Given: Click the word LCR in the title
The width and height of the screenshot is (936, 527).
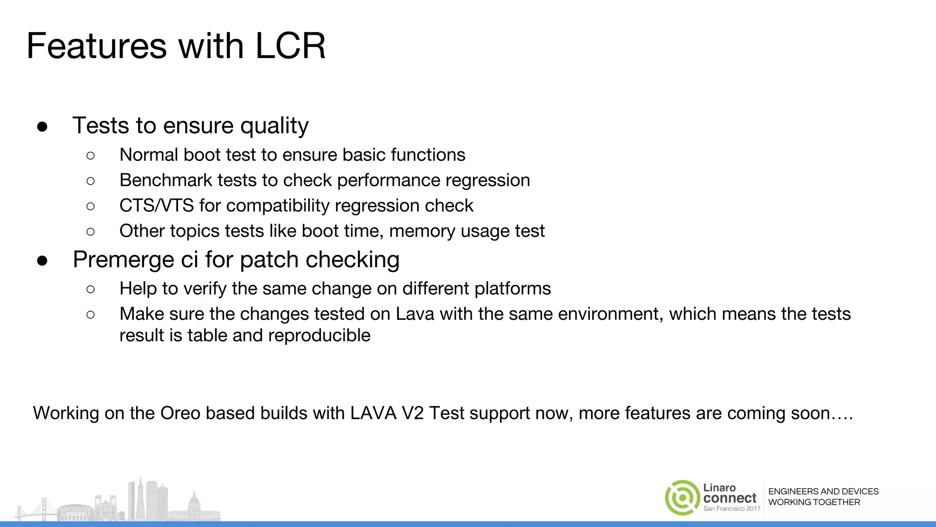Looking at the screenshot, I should click(x=290, y=46).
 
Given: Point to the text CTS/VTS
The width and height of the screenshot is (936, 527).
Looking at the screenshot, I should click(x=156, y=206).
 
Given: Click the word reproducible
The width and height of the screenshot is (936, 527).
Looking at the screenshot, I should click(x=319, y=335).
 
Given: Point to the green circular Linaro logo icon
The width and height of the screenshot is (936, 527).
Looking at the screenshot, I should click(x=682, y=498).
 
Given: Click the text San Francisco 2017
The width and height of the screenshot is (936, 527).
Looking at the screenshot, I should click(x=732, y=509).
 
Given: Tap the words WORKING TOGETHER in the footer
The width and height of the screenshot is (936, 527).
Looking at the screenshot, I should click(x=814, y=502).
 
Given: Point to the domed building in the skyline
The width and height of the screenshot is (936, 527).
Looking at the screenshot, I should click(x=194, y=503).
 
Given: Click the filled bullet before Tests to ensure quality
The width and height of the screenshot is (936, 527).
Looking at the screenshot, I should click(x=43, y=127).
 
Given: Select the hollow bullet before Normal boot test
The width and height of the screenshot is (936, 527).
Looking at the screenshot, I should click(x=90, y=156).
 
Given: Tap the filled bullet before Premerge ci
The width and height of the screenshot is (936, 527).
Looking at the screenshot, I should click(x=43, y=261).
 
